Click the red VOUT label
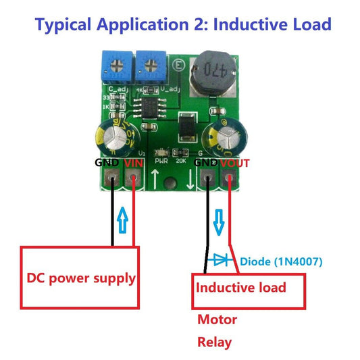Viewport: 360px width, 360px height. point(234,163)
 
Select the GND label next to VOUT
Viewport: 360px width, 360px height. point(207,163)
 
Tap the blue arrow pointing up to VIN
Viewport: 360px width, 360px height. point(122,220)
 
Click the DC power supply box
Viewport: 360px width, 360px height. point(80,277)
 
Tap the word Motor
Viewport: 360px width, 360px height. point(216,319)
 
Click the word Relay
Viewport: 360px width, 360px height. point(213,342)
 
